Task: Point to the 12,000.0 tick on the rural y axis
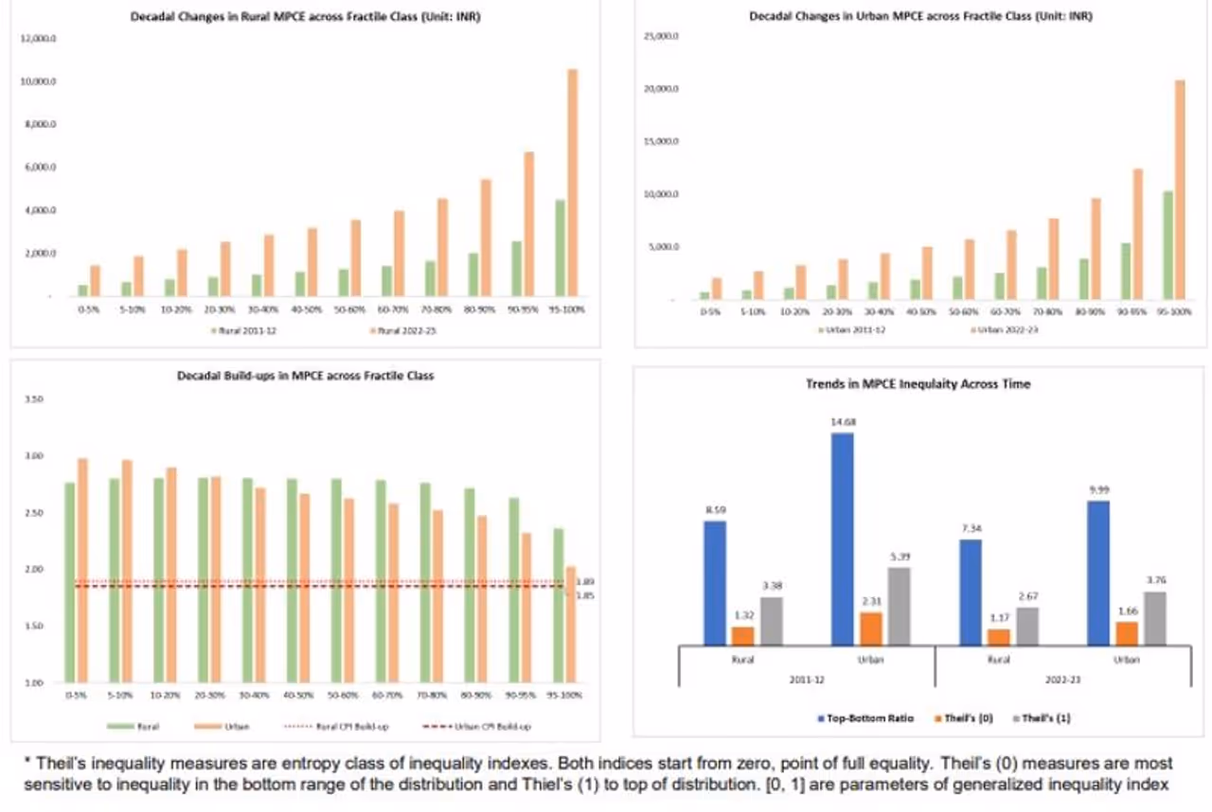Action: [44, 38]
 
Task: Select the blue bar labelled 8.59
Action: [716, 583]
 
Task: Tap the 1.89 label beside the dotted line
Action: [585, 581]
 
